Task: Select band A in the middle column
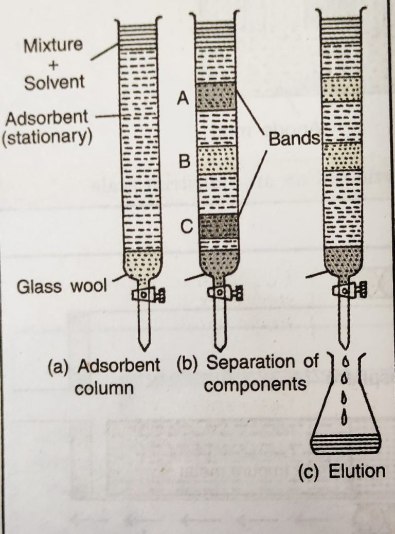216,96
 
